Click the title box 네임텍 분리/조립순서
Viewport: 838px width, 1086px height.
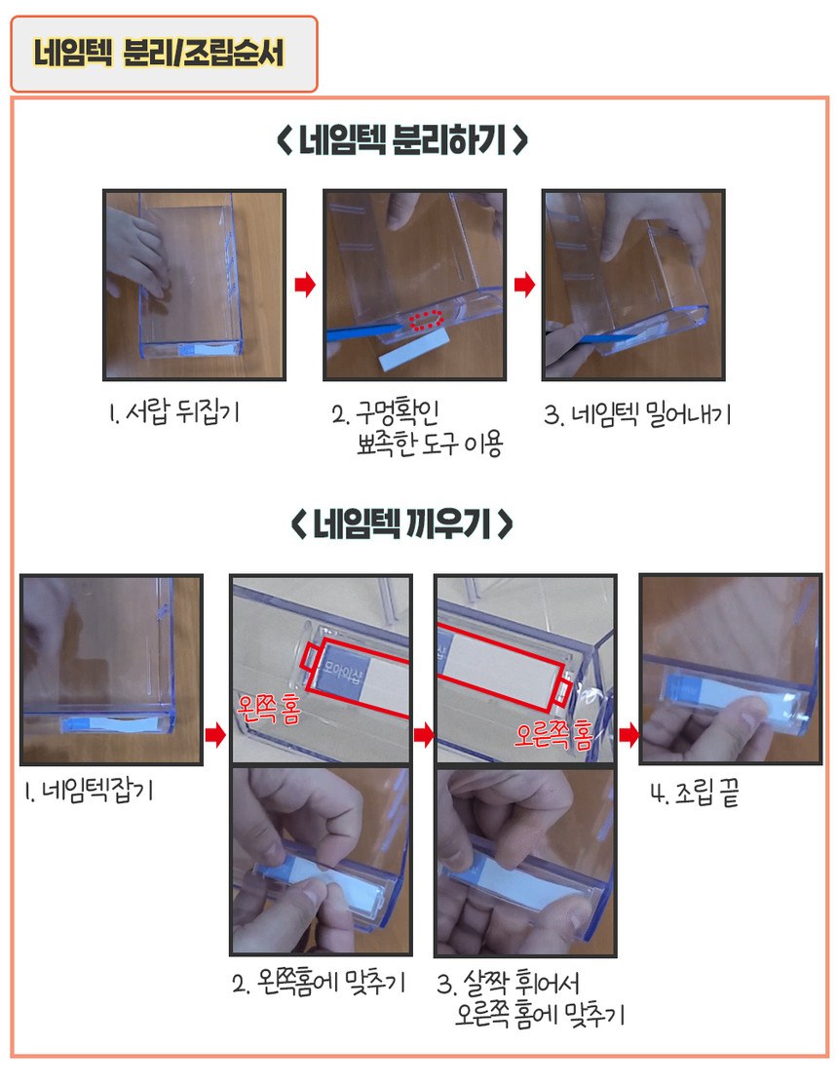164,54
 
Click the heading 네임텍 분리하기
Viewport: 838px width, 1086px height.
402,140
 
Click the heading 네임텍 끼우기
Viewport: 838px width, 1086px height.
402,524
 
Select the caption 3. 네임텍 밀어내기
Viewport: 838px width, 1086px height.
637,415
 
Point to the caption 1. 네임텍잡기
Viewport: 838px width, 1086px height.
89,791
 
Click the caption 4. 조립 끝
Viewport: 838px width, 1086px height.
695,793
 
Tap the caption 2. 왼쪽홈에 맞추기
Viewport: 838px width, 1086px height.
319,983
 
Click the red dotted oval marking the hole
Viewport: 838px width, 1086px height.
426,320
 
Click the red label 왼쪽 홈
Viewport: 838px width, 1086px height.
269,710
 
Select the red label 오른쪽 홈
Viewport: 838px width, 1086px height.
553,734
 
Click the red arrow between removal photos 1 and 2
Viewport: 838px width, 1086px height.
305,284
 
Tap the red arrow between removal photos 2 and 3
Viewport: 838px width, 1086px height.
524,284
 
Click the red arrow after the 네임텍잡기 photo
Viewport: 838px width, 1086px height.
215,735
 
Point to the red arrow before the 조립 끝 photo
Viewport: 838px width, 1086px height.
628,735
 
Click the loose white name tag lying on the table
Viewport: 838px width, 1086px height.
415,350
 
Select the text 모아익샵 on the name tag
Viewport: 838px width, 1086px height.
341,671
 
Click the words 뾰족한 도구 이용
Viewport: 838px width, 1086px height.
430,444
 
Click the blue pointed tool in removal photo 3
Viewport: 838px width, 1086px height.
601,338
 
